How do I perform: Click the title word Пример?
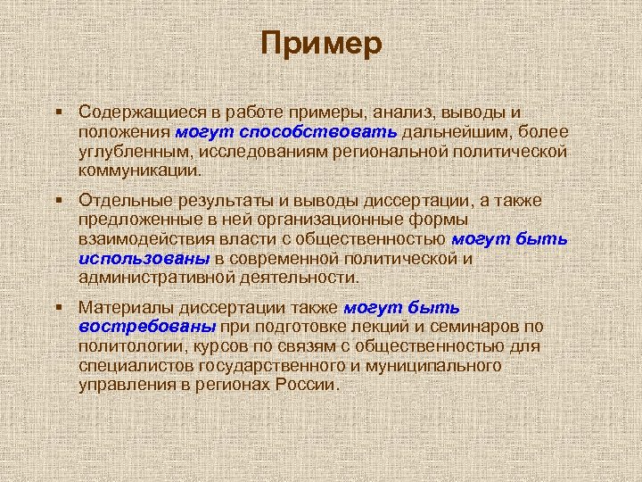[322, 43]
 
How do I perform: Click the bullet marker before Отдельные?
[58, 200]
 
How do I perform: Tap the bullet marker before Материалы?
[58, 307]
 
